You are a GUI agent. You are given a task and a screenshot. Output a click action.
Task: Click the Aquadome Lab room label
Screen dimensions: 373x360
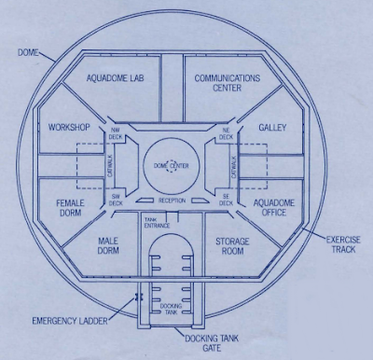pyautogui.click(x=115, y=77)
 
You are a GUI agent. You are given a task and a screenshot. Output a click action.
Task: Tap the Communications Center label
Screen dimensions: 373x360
pyautogui.click(x=228, y=83)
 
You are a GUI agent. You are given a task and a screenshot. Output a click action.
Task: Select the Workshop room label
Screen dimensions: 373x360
pyautogui.click(x=69, y=127)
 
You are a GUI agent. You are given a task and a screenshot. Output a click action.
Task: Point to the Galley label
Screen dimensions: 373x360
pyautogui.click(x=272, y=128)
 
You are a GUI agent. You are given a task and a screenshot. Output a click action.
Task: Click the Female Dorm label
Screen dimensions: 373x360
pyautogui.click(x=69, y=208)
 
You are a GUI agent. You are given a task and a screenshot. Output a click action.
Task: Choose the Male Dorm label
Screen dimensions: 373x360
pyautogui.click(x=108, y=245)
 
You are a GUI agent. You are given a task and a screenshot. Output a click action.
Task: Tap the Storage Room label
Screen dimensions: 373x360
pyautogui.click(x=232, y=246)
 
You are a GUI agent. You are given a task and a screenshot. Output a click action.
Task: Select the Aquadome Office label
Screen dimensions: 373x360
pyautogui.click(x=274, y=208)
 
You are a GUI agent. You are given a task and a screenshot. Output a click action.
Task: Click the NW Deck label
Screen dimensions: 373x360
pyautogui.click(x=116, y=134)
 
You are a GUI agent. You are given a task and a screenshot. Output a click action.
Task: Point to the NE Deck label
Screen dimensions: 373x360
pyautogui.click(x=226, y=134)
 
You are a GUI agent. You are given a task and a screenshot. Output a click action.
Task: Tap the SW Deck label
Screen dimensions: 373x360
pyautogui.click(x=116, y=200)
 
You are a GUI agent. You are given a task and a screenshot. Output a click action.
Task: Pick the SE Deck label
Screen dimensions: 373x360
pyautogui.click(x=226, y=200)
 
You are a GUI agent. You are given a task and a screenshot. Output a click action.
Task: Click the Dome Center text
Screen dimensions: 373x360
pyautogui.click(x=172, y=166)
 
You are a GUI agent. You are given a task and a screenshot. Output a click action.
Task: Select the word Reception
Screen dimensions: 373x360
pyautogui.click(x=172, y=201)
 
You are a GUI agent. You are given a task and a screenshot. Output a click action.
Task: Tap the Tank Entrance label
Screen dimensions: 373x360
pyautogui.click(x=157, y=223)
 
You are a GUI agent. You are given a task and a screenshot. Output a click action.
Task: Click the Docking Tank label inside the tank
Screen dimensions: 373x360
pyautogui.click(x=171, y=309)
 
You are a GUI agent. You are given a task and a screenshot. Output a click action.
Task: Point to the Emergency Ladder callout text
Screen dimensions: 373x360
pyautogui.click(x=70, y=321)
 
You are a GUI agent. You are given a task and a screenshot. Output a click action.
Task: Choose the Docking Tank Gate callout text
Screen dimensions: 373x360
pyautogui.click(x=212, y=343)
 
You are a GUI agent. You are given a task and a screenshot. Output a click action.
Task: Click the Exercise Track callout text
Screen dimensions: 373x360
pyautogui.click(x=343, y=244)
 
